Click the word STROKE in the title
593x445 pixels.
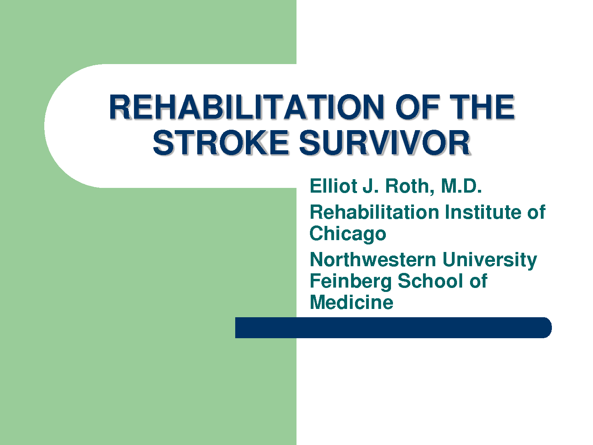coord(221,142)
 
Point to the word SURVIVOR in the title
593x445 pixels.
coord(385,142)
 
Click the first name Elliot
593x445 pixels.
coord(333,186)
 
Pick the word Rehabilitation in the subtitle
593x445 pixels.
coord(374,212)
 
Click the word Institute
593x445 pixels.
coord(484,212)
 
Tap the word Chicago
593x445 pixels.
coord(348,234)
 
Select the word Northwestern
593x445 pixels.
coord(373,260)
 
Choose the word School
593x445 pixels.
coord(431,281)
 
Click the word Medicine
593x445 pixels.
coord(351,302)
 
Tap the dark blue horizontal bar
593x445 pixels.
coord(393,328)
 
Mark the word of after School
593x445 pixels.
coord(478,281)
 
